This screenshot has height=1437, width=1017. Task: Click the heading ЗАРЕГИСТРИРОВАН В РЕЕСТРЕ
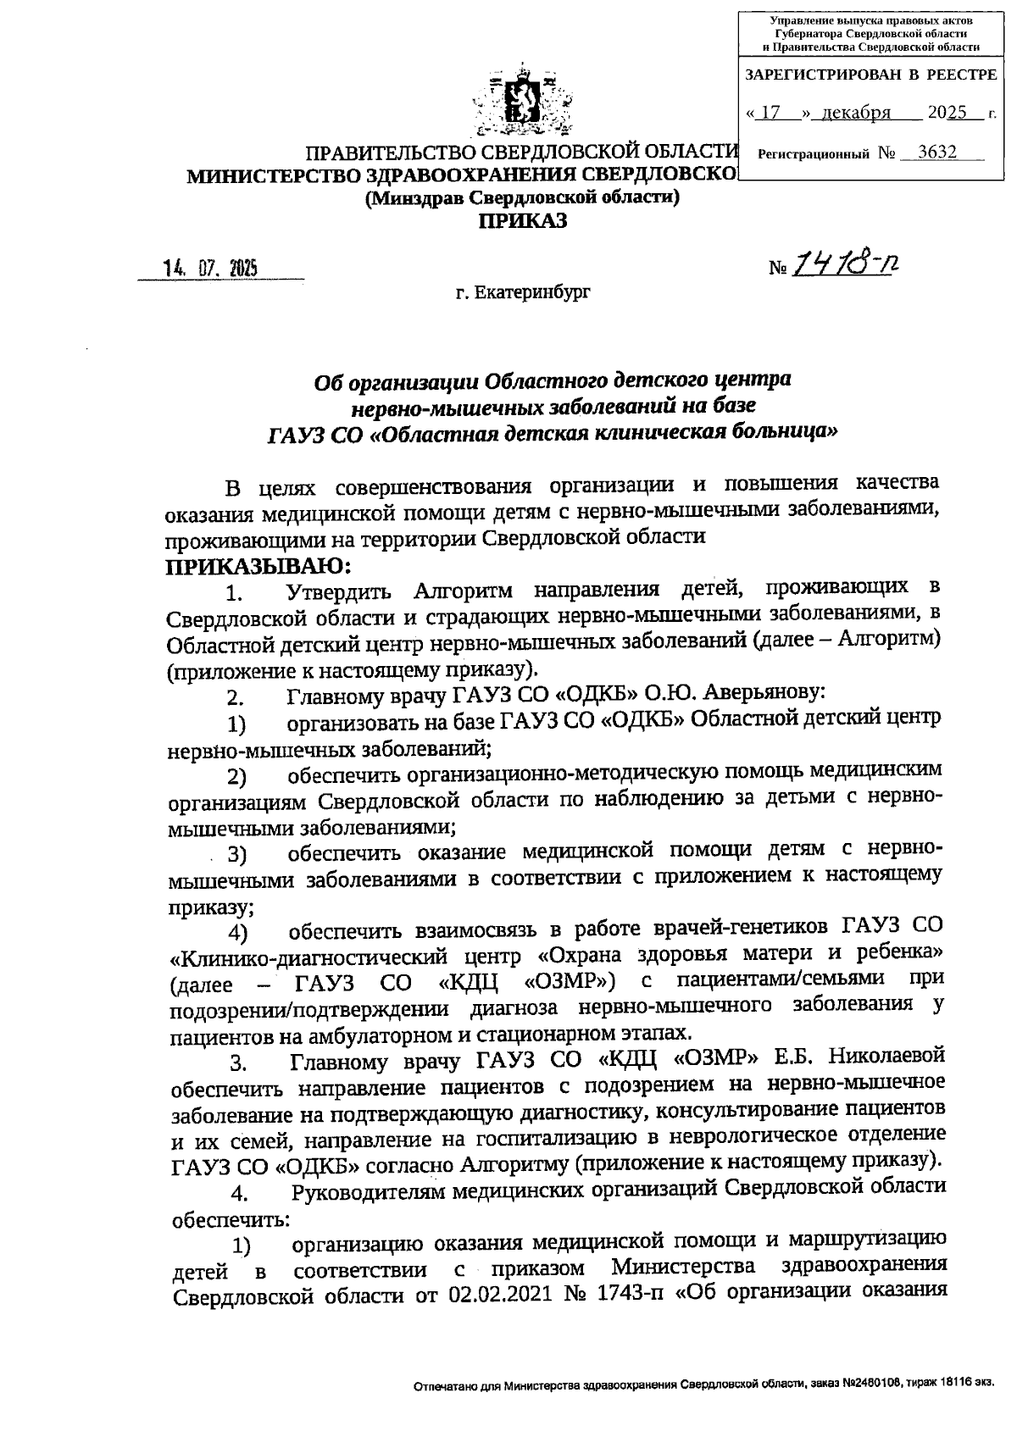870,75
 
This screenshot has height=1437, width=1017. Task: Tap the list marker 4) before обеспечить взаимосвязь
236,934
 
